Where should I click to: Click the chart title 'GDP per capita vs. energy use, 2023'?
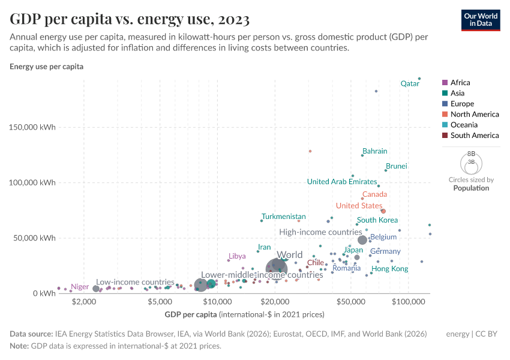click(130, 19)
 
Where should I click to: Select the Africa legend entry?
click(460, 83)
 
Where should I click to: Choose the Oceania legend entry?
click(464, 125)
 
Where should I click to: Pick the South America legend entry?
click(474, 136)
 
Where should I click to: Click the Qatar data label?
click(410, 84)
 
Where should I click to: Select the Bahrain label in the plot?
click(375, 151)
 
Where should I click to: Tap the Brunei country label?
click(397, 166)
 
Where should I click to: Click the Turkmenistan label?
click(284, 217)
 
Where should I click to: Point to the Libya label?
click(236, 256)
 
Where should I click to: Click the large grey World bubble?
click(277, 269)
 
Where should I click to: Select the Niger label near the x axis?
click(80, 287)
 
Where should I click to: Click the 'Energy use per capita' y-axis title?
click(46, 67)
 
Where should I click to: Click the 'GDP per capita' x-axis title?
click(190, 314)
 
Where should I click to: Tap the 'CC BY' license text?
click(489, 334)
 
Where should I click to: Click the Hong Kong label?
click(390, 269)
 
